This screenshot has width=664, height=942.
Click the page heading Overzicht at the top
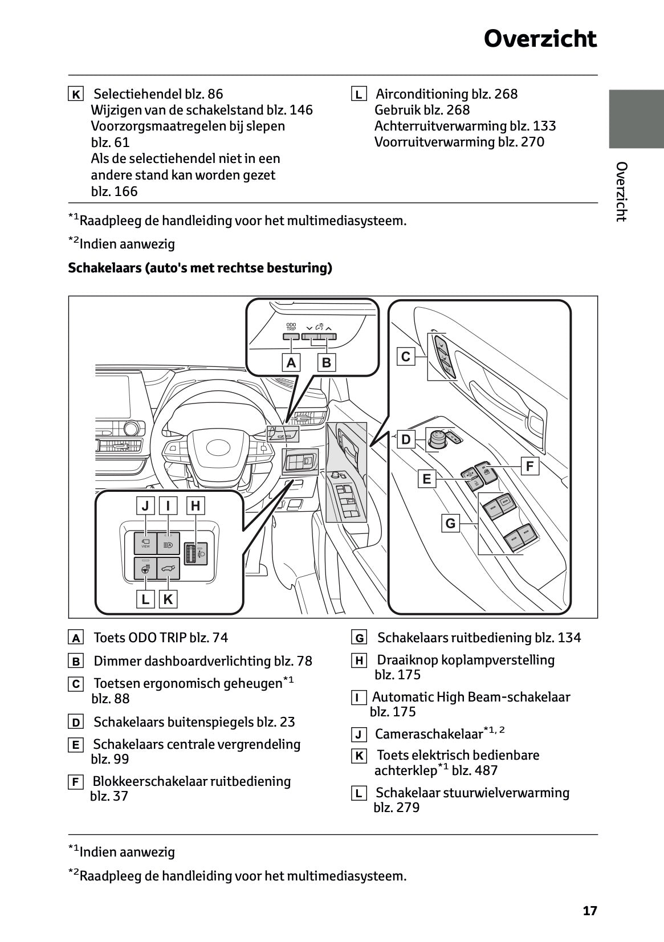click(540, 39)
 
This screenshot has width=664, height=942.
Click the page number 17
click(590, 911)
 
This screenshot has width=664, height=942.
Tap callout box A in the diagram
click(291, 362)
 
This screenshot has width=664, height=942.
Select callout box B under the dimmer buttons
click(327, 362)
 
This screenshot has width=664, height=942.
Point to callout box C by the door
click(406, 357)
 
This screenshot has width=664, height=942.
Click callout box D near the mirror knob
click(406, 439)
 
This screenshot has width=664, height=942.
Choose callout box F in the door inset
click(529, 467)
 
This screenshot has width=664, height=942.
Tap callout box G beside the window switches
click(450, 523)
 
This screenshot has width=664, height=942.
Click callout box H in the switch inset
click(195, 505)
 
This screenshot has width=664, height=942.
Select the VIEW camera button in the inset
click(145, 544)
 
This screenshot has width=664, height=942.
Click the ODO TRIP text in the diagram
click(291, 327)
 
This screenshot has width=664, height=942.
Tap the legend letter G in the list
click(359, 638)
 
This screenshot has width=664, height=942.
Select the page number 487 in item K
click(486, 770)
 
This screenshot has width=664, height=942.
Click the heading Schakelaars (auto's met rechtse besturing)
click(200, 268)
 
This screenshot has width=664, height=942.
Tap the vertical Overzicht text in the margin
click(622, 191)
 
